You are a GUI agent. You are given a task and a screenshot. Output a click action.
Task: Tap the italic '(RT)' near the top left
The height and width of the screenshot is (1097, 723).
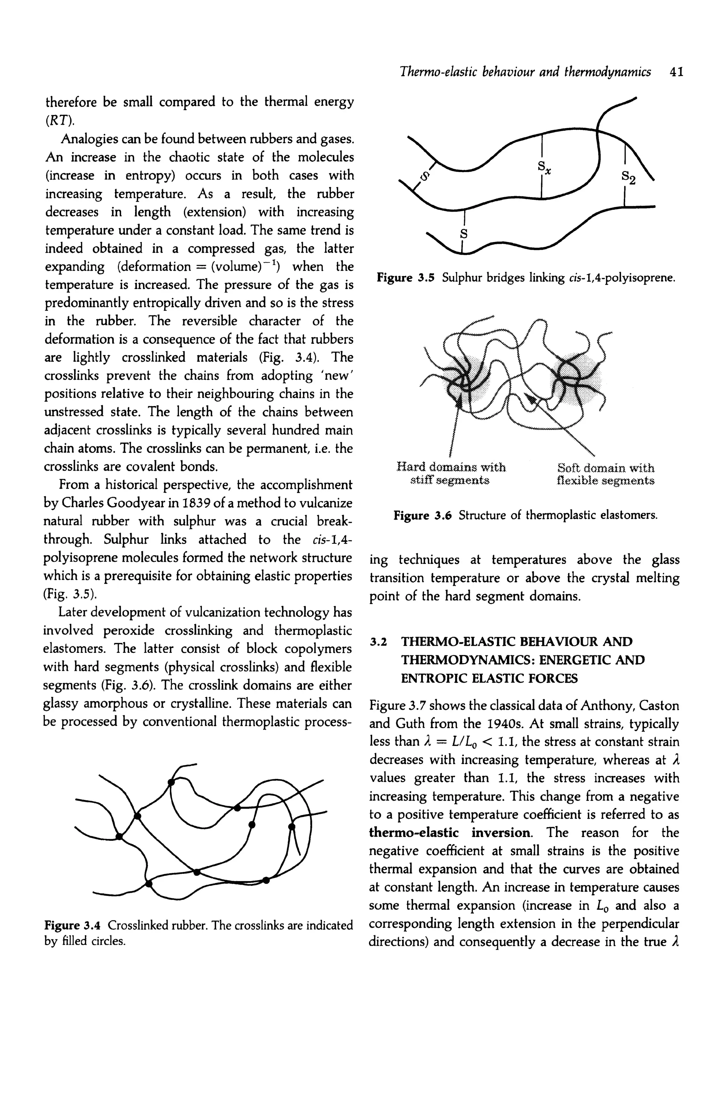[59, 120]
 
